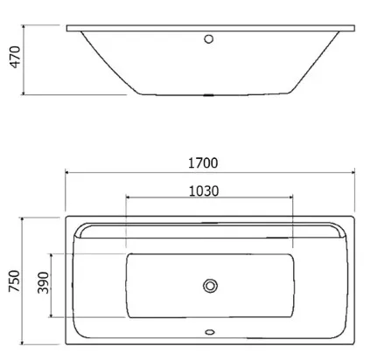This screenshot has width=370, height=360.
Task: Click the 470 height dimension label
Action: coord(15,57)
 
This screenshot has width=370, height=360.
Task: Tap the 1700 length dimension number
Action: coord(203,163)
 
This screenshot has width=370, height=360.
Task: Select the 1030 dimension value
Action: coord(204,191)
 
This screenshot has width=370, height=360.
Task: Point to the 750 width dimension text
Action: coord(14,280)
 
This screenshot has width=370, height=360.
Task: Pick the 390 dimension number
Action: coord(43,282)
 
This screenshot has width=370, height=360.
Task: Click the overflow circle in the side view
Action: coord(208,38)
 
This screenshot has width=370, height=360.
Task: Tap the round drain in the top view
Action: coord(210,286)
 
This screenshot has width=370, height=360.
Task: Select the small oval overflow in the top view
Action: coord(210,332)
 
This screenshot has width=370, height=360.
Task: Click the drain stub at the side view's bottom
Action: coord(208,95)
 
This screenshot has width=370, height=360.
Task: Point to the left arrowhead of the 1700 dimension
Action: coord(67,173)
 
